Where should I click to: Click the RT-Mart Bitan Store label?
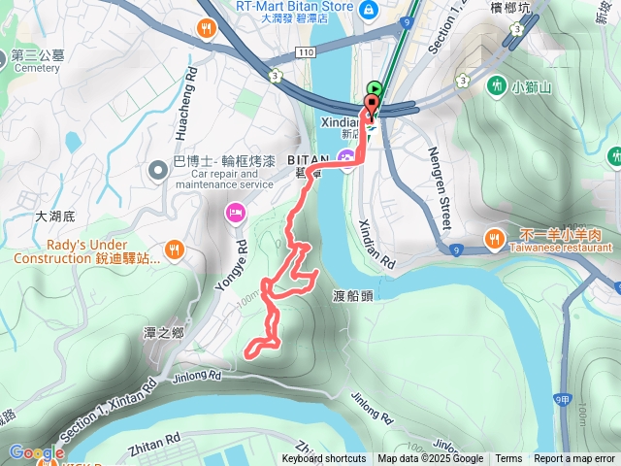click(294, 5)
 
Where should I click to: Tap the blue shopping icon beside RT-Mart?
click(369, 10)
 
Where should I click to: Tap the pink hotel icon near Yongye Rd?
click(235, 212)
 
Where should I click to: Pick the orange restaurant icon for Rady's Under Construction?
click(174, 250)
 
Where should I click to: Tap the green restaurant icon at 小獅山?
click(497, 85)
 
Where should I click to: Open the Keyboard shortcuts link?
click(324, 459)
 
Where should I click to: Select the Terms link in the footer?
click(508, 459)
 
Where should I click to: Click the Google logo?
click(37, 452)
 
